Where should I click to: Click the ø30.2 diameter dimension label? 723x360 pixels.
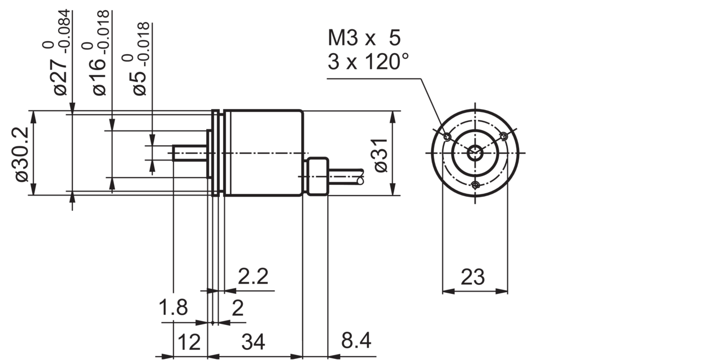point(22,155)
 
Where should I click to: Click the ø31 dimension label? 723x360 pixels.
point(381,155)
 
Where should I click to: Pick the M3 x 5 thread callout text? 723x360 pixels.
point(364,38)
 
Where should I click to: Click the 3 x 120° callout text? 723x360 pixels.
point(368,62)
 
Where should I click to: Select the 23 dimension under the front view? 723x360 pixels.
point(473,277)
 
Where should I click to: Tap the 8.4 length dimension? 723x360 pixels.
point(356,340)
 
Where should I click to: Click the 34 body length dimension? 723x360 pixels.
point(254,341)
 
